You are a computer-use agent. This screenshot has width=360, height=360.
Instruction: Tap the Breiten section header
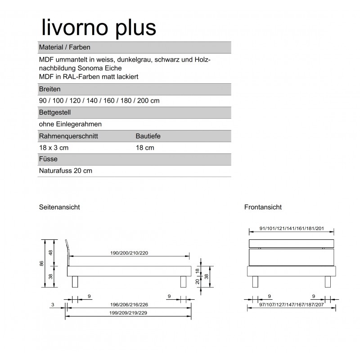pyautogui.click(x=50, y=89)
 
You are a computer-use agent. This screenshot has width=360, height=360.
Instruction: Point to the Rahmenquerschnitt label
pyautogui.click(x=69, y=136)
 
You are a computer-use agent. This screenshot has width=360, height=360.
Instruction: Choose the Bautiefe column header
pyautogui.click(x=148, y=136)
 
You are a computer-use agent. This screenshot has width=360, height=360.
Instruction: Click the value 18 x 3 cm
pyautogui.click(x=54, y=148)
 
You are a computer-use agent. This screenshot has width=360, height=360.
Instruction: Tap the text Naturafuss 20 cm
pyautogui.click(x=66, y=171)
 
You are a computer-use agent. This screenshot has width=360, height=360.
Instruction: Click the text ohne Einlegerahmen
pyautogui.click(x=70, y=124)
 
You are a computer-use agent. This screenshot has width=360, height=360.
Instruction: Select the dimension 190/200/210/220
pyautogui.click(x=129, y=253)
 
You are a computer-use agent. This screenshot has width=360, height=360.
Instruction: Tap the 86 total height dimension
pyautogui.click(x=42, y=264)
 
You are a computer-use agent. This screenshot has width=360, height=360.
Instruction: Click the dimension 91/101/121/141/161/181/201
pyautogui.click(x=292, y=229)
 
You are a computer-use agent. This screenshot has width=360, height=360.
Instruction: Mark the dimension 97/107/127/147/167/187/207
pyautogui.click(x=292, y=305)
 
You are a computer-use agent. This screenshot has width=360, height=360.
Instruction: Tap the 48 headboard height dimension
pyautogui.click(x=51, y=252)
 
